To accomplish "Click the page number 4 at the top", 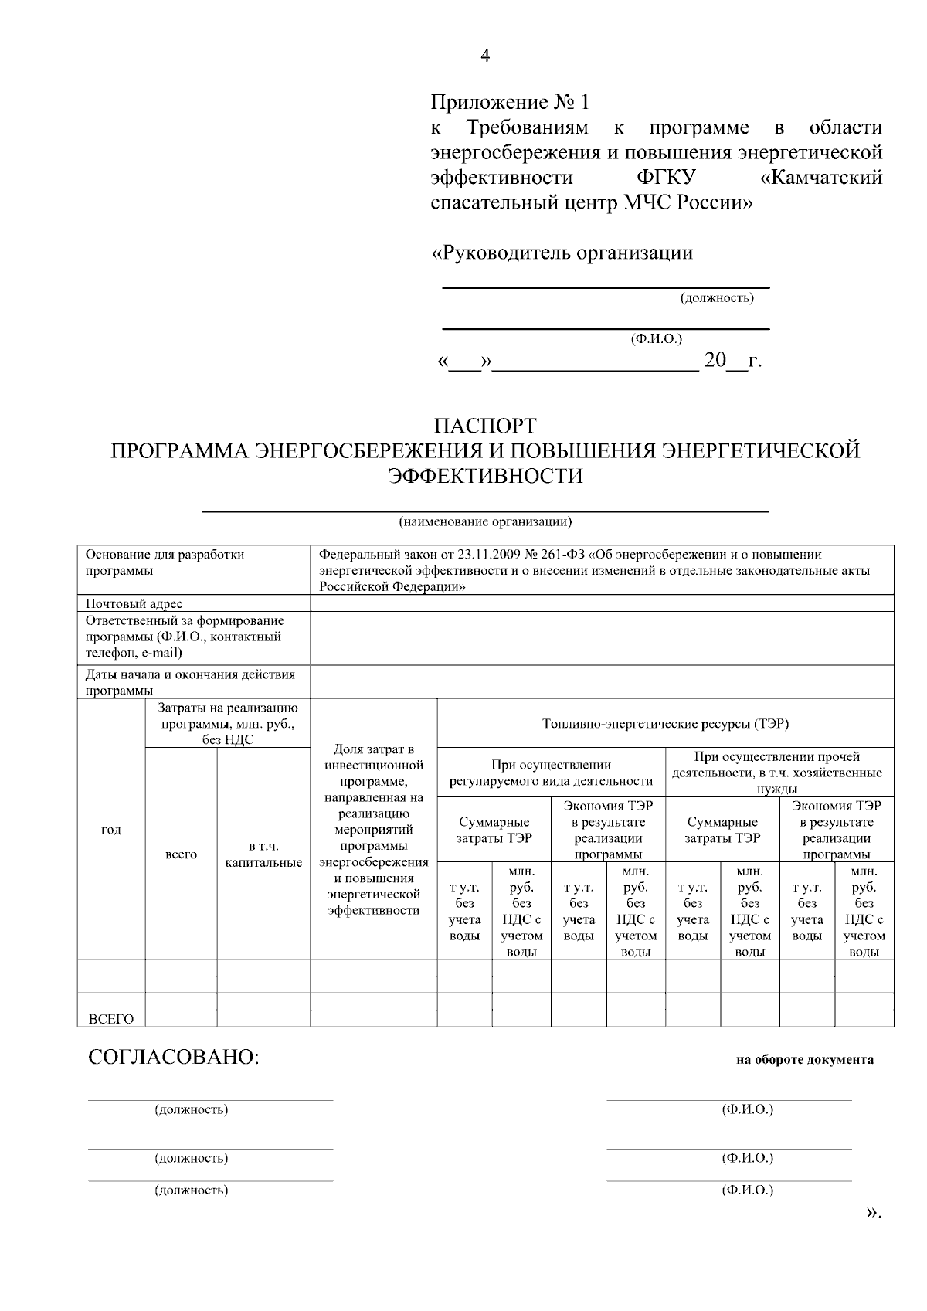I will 485,56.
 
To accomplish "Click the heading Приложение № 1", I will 509,102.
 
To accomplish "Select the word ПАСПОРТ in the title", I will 484,426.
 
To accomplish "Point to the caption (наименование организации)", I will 485,521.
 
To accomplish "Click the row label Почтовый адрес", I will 134,603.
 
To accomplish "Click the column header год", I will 111,830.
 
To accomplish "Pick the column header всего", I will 182,854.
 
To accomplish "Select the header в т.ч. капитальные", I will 263,854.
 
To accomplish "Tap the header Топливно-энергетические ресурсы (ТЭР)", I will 665,724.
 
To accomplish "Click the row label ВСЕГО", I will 111,1019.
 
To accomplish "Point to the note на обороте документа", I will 804,1060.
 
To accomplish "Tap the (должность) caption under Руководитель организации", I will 716,298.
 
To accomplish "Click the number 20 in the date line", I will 715,360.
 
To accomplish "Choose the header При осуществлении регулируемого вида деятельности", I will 551,773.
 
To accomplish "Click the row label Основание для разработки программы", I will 165,562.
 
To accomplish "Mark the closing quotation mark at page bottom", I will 873,1214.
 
